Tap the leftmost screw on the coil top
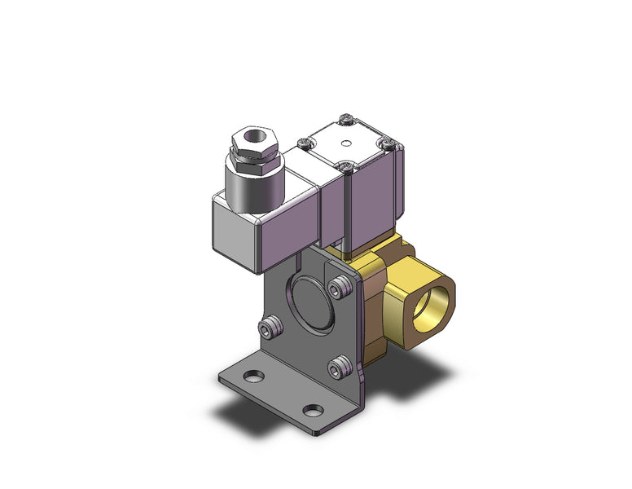[305, 143]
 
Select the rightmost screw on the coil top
[388, 145]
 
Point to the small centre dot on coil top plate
[346, 143]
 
